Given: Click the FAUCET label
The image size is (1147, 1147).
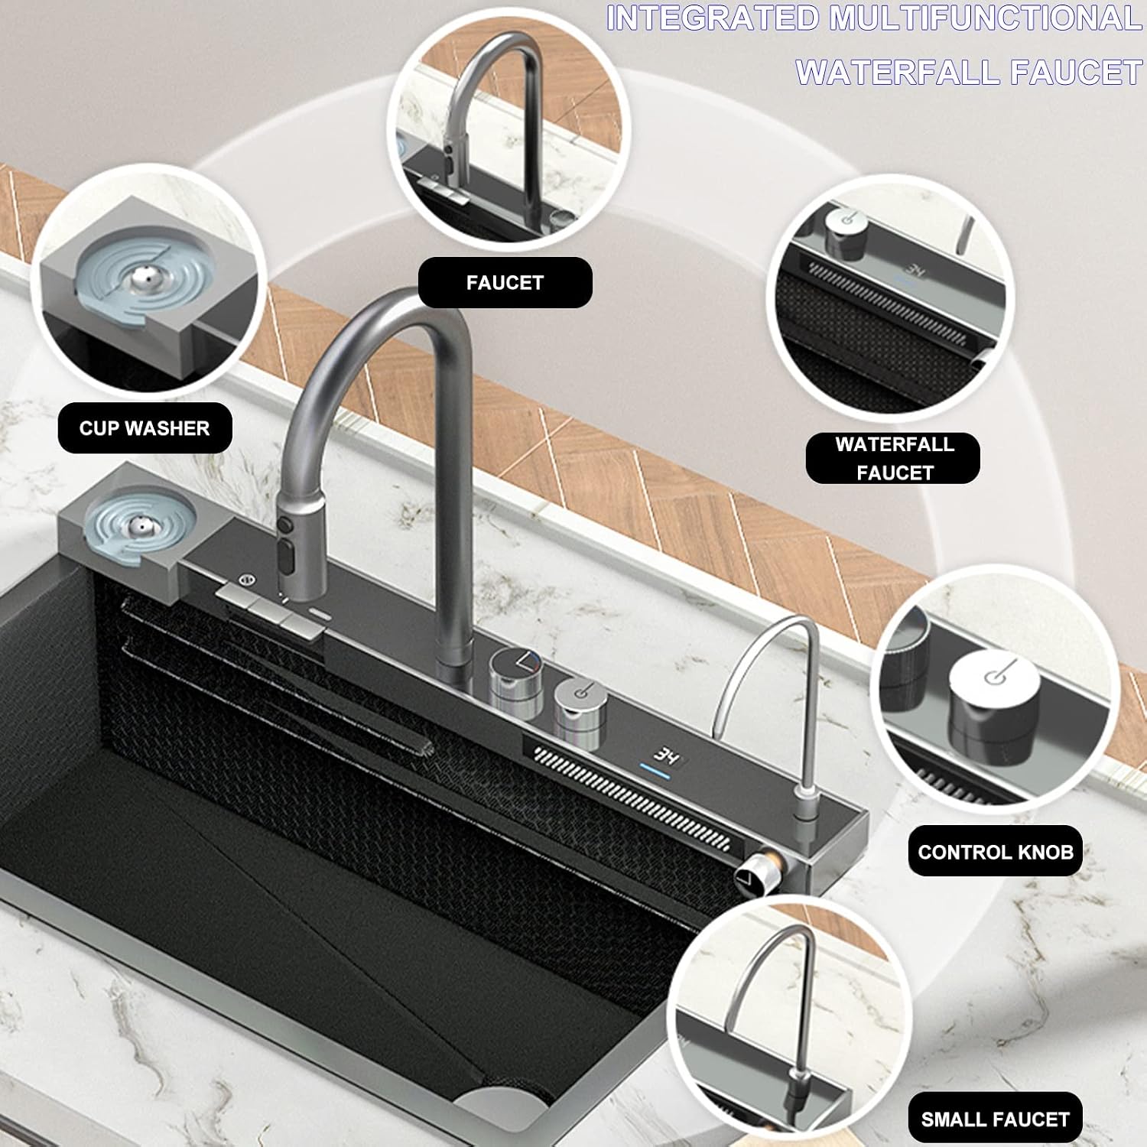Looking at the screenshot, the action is click(x=505, y=282).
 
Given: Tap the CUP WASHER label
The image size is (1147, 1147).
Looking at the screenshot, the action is click(x=145, y=428).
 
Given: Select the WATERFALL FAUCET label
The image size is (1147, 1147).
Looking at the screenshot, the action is click(x=894, y=458).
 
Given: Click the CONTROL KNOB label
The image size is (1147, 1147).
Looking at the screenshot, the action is click(x=996, y=852).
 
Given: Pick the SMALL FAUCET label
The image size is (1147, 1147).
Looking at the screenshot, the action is click(x=995, y=1119).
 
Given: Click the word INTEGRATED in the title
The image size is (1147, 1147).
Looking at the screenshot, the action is click(x=713, y=19).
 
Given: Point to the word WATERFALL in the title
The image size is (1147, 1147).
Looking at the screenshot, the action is click(x=898, y=73).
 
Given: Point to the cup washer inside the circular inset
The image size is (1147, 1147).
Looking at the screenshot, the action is click(x=132, y=281).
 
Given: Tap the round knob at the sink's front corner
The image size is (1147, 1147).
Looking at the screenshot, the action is click(x=751, y=877).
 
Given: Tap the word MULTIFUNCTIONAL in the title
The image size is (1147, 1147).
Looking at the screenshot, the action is click(x=986, y=19).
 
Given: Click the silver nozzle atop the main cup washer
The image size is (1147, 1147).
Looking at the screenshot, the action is click(x=138, y=527).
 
